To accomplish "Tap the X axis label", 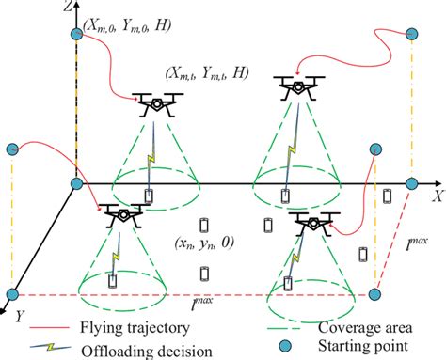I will pyautogui.click(x=436, y=196).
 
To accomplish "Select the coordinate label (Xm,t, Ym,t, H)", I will pyautogui.click(x=209, y=72).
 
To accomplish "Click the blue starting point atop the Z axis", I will pyautogui.click(x=77, y=35).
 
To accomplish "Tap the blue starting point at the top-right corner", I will pyautogui.click(x=411, y=35).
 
